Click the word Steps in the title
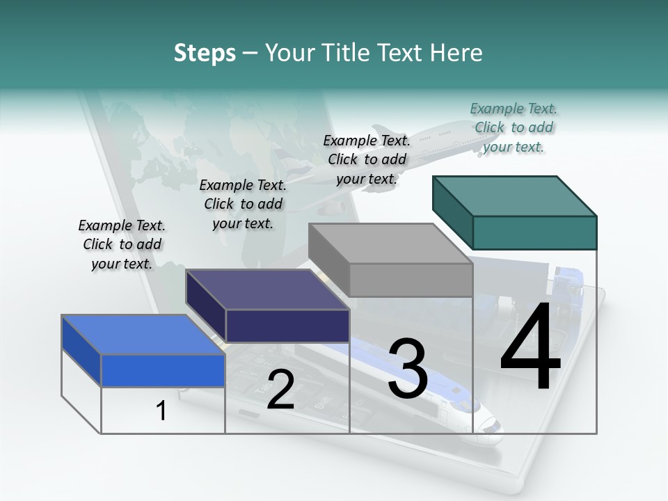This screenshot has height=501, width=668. tap(205, 53)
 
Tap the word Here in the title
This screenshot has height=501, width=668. tap(456, 53)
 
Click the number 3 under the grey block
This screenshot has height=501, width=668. tap(408, 369)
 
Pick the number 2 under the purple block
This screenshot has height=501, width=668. tap(280, 390)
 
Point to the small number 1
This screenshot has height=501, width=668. tap(161, 411)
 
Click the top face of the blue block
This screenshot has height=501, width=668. tap(139, 335)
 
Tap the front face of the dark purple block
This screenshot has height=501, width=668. tap(287, 326)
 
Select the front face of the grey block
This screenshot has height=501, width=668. tap(411, 280)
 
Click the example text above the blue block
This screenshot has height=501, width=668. tap(122, 244)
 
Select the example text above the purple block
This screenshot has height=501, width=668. tap(243, 204)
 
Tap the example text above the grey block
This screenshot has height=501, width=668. tap(367, 159)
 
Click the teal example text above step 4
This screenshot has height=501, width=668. tap(514, 127)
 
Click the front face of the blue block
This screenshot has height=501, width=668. tap(163, 370)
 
